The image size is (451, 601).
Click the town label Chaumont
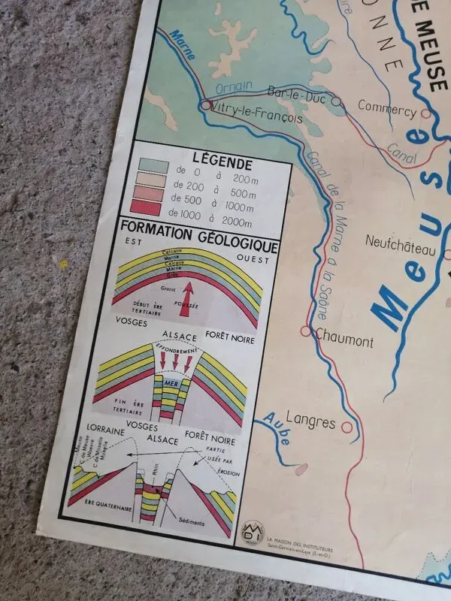(344, 341)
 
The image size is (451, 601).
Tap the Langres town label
(310, 423)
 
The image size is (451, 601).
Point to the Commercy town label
(386, 107)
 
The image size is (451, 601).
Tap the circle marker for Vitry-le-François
(206, 106)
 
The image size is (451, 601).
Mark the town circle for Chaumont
(306, 331)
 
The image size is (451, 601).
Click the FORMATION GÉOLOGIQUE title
(199, 246)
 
